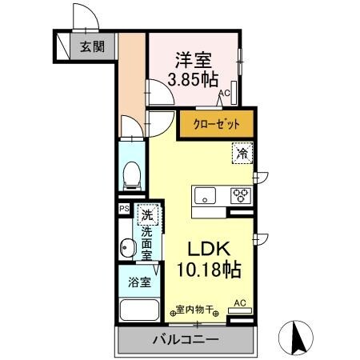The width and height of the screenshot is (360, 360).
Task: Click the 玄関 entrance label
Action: pyautogui.click(x=90, y=46)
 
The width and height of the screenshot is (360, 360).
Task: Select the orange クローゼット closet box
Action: pyautogui.click(x=215, y=124)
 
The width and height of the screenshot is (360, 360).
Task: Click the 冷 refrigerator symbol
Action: pyautogui.click(x=240, y=153)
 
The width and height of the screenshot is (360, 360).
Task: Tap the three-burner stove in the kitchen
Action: pyautogui.click(x=240, y=196)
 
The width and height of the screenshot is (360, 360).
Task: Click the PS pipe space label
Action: pyautogui.click(x=124, y=210)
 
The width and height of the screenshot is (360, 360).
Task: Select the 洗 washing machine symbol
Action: pyautogui.click(x=146, y=214)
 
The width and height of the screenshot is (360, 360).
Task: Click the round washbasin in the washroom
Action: pyautogui.click(x=126, y=249)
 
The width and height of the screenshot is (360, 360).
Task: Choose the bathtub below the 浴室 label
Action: pyautogui.click(x=138, y=312)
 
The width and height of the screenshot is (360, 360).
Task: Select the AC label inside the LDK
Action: pyautogui.click(x=238, y=303)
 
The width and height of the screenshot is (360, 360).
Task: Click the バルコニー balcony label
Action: pyautogui.click(x=185, y=340)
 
